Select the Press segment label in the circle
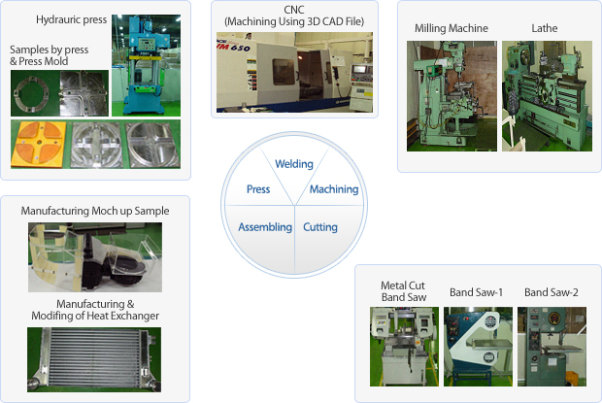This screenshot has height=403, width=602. coord(258,189)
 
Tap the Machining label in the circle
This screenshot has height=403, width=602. coord(334,189)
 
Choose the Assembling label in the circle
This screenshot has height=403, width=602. coord(265,227)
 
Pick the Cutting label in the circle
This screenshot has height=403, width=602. coord(320,227)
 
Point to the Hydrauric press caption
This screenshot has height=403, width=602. coord(70,19)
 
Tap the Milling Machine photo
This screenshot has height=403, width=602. coord(451,95)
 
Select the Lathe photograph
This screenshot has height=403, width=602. coord(540,95)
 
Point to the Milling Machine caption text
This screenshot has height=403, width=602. coord(451,28)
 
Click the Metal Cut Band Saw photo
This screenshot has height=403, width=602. coord(404,346)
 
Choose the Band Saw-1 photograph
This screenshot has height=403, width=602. coord(477,346)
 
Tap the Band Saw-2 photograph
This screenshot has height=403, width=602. coord(552,346)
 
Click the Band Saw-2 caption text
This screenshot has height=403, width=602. coord(551,292)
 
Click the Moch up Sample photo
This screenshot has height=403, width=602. coord(95,257)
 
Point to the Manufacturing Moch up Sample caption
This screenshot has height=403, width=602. coord(95,211)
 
